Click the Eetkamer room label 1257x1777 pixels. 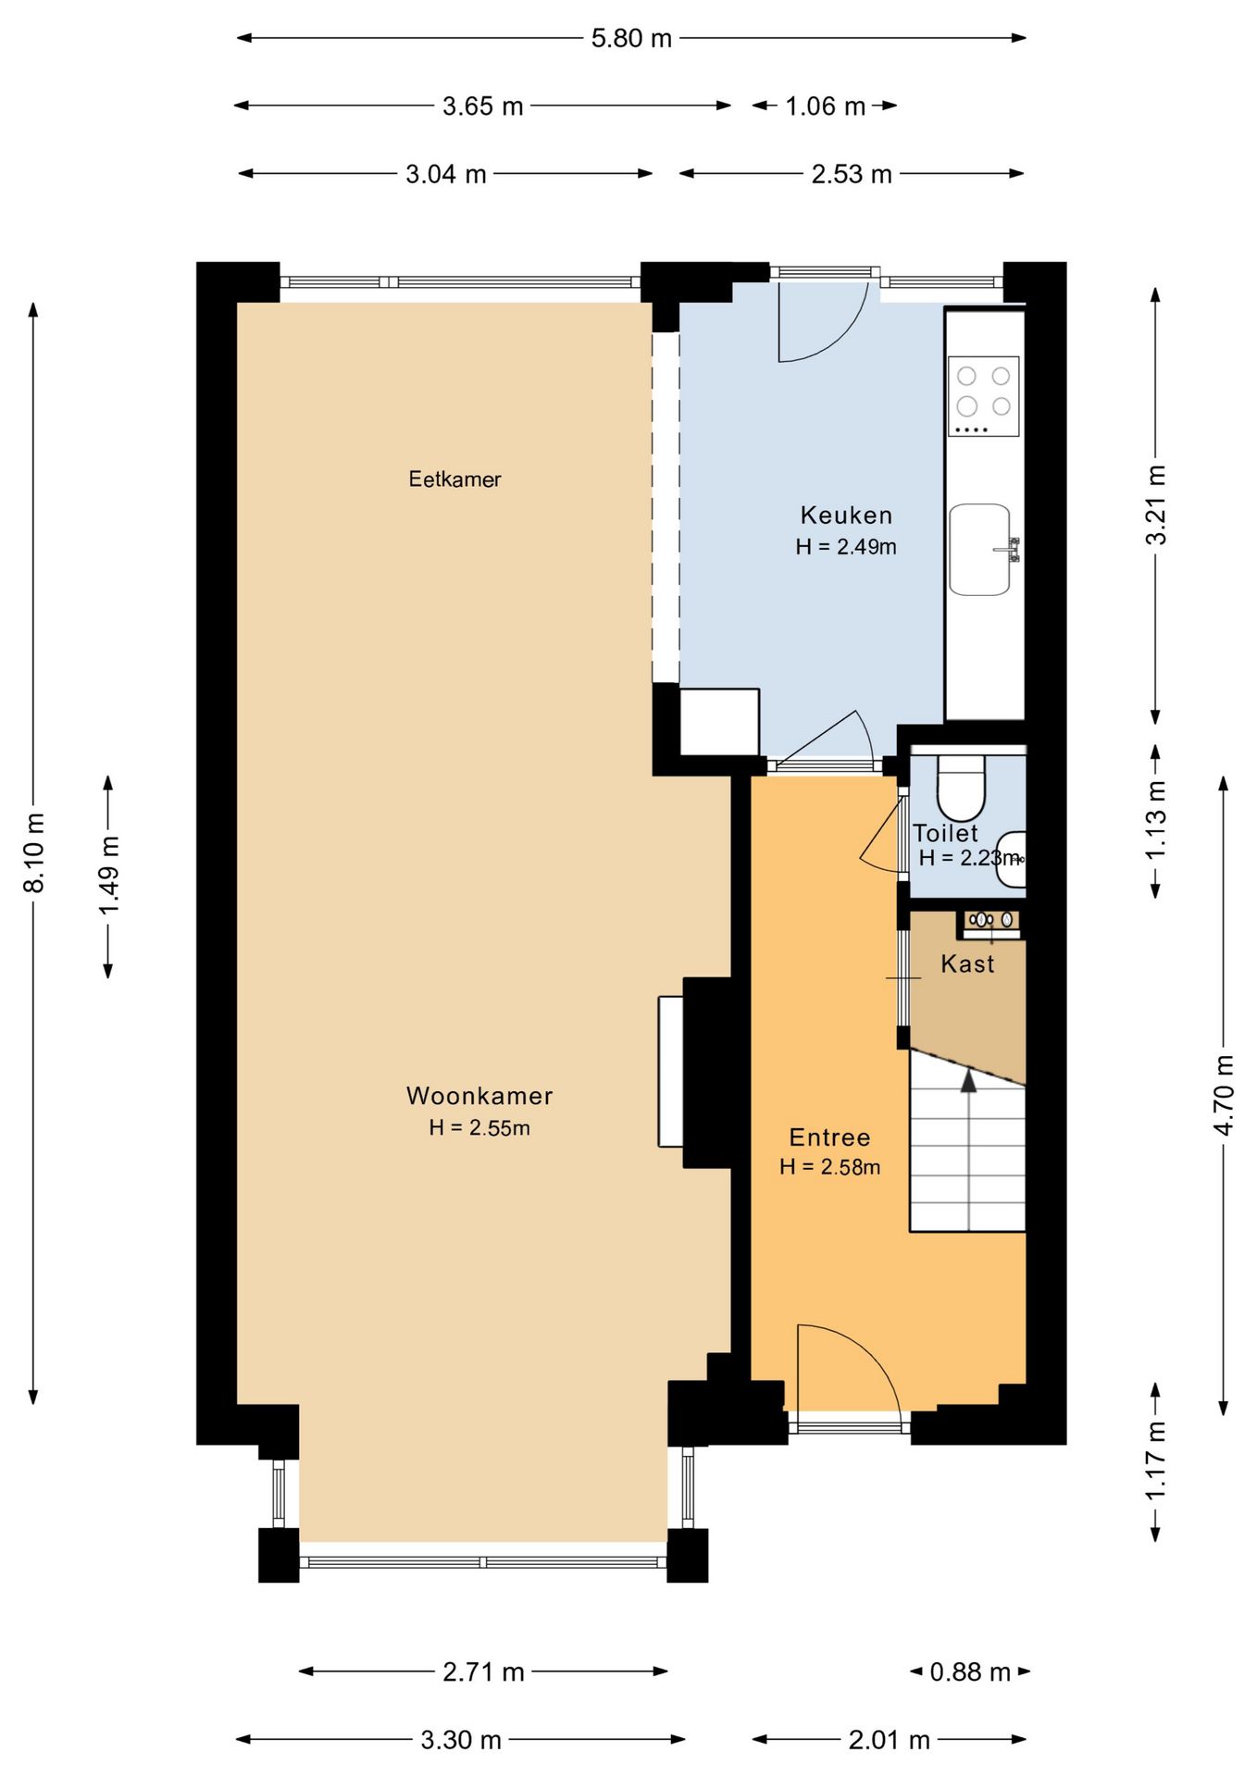tap(454, 479)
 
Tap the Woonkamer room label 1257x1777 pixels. tap(479, 1096)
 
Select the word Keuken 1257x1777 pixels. tap(846, 516)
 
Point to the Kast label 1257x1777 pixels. tap(967, 964)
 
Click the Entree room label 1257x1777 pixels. tap(829, 1137)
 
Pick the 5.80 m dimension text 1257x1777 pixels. tap(631, 39)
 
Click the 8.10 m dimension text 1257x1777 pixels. tap(34, 853)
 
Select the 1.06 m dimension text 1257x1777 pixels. tap(825, 106)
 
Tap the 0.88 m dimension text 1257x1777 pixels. tap(969, 1672)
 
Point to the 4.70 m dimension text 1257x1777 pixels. tap(1224, 1095)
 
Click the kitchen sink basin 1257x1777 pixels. tap(979, 549)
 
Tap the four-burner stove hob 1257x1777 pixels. tap(983, 396)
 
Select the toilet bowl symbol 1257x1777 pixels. tap(962, 789)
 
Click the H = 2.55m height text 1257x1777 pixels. tap(479, 1128)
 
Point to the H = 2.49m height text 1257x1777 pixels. tap(846, 547)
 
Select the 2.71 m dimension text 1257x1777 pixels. tap(483, 1672)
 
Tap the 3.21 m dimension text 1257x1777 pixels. tap(1156, 504)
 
